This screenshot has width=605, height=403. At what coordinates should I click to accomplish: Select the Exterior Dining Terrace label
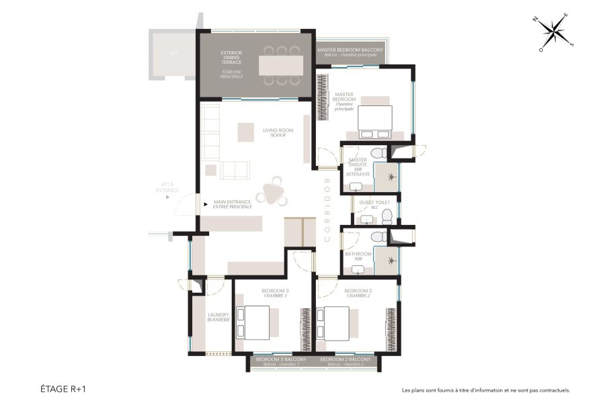pyautogui.click(x=232, y=64)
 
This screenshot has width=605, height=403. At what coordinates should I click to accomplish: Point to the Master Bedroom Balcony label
pyautogui.click(x=350, y=52)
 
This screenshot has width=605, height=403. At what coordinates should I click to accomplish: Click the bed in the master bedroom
pyautogui.click(x=375, y=119)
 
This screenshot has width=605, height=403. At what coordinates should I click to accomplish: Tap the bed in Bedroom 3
pyautogui.click(x=255, y=322)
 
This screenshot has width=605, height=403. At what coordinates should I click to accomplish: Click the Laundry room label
pyautogui.click(x=218, y=317)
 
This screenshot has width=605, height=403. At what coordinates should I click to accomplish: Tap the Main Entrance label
pyautogui.click(x=233, y=204)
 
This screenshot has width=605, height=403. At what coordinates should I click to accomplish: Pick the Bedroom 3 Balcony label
pyautogui.click(x=281, y=361)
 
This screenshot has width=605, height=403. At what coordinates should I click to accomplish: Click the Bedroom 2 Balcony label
pyautogui.click(x=343, y=361)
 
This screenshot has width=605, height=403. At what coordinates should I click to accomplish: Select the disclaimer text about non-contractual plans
pyautogui.click(x=485, y=390)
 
